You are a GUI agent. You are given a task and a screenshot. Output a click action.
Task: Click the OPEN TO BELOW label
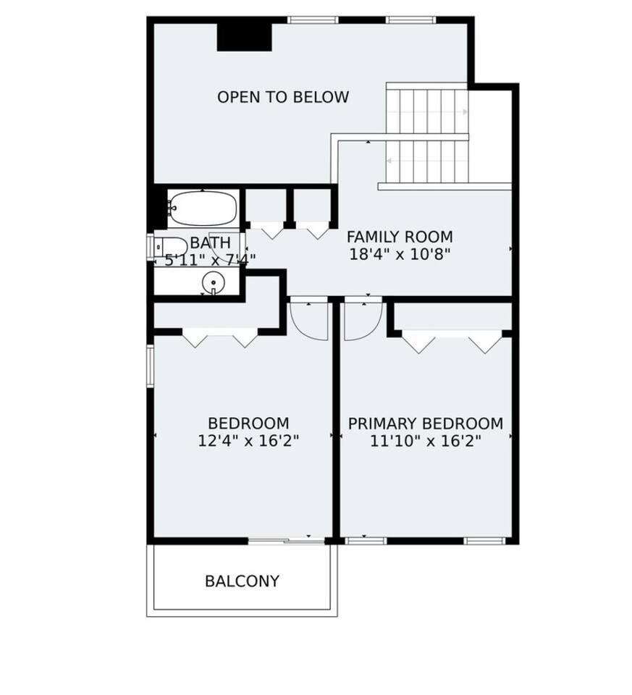pyautogui.click(x=283, y=97)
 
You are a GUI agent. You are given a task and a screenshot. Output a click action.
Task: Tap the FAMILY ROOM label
pyautogui.click(x=400, y=237)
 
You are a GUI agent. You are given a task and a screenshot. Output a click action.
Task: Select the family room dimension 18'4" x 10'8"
pyautogui.click(x=400, y=254)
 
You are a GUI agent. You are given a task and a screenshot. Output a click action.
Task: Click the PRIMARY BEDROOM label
pyautogui.click(x=426, y=424)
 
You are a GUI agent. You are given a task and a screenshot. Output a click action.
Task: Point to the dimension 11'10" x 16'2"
pyautogui.click(x=426, y=441)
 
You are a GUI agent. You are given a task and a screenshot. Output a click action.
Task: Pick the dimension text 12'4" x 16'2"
pyautogui.click(x=248, y=441)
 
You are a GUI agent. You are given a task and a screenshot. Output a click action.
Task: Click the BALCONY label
pyautogui.click(x=243, y=581)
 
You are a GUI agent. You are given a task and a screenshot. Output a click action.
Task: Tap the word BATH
pyautogui.click(x=211, y=243)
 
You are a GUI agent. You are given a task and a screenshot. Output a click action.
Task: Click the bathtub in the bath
pyautogui.click(x=203, y=208)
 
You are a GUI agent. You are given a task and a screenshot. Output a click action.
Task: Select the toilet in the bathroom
pyautogui.click(x=171, y=247)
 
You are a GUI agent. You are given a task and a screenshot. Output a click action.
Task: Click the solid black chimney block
pyautogui.click(x=244, y=37)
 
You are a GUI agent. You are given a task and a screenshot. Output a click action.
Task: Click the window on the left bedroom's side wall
pyautogui.click(x=151, y=366)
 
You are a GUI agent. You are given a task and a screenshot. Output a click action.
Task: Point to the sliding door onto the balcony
pyautogui.click(x=287, y=541)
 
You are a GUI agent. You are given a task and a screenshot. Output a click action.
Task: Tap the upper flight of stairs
pyautogui.click(x=427, y=111)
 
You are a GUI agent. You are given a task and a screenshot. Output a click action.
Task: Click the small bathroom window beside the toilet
pyautogui.click(x=151, y=247)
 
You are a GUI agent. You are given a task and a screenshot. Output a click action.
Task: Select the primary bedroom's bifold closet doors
pyautogui.click(x=452, y=341)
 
